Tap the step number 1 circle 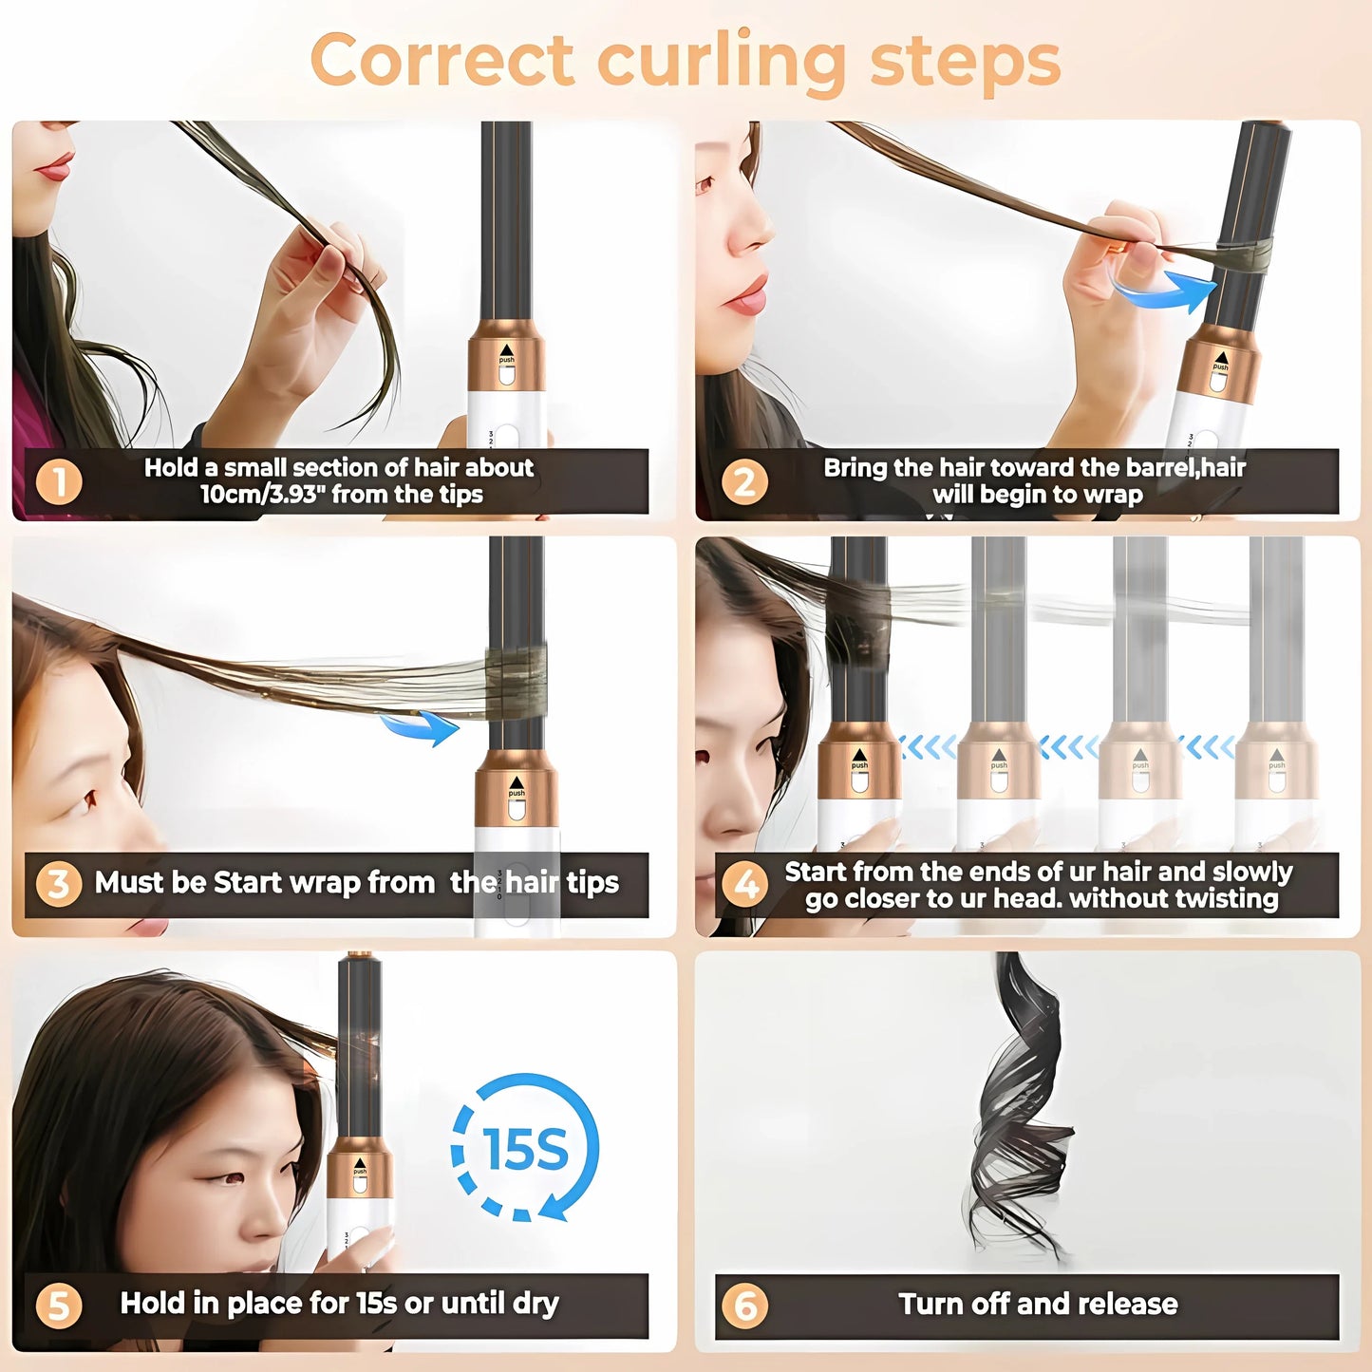coord(58,481)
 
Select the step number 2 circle coord(744,481)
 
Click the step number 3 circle coord(58,884)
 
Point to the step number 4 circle coord(744,884)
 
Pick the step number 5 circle coord(58,1305)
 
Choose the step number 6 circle coord(744,1306)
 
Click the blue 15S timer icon coord(524,1148)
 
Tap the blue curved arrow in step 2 coord(1163,288)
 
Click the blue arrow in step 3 coord(421,727)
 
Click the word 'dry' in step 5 coord(536,1304)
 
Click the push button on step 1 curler coord(507,373)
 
